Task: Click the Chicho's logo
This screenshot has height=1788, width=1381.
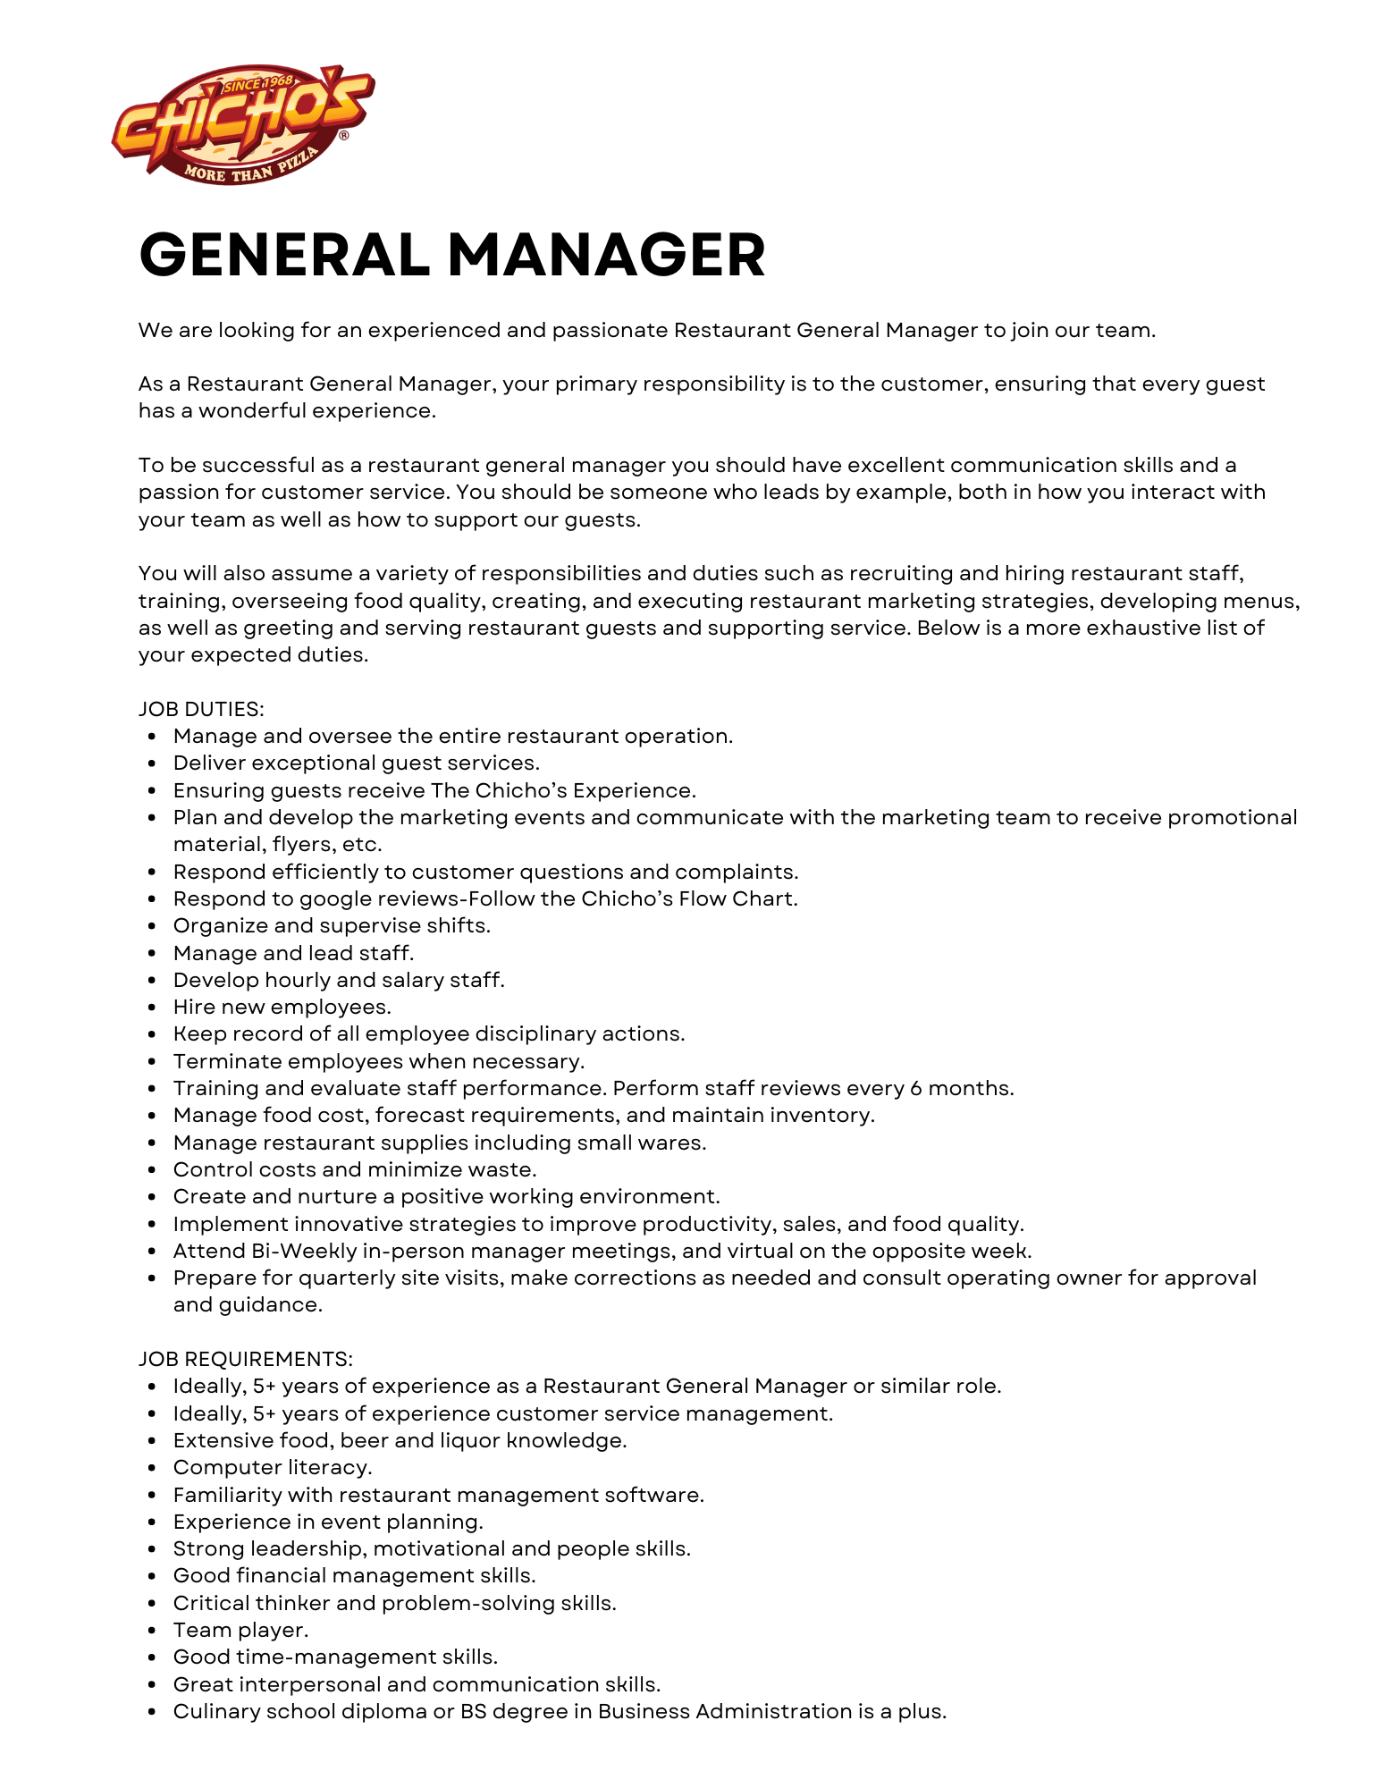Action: point(242,125)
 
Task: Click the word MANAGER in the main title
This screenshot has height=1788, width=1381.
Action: point(606,255)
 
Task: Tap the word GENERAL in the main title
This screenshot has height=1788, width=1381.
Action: point(284,255)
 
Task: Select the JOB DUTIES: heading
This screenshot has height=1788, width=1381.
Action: point(201,709)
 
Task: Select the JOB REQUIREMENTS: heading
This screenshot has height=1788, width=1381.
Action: point(246,1359)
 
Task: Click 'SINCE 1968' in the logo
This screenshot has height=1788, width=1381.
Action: point(258,84)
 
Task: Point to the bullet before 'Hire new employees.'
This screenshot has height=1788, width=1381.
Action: point(154,1008)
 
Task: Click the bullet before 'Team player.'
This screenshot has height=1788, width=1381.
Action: point(154,1631)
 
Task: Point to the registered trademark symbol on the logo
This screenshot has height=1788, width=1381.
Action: point(343,136)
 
